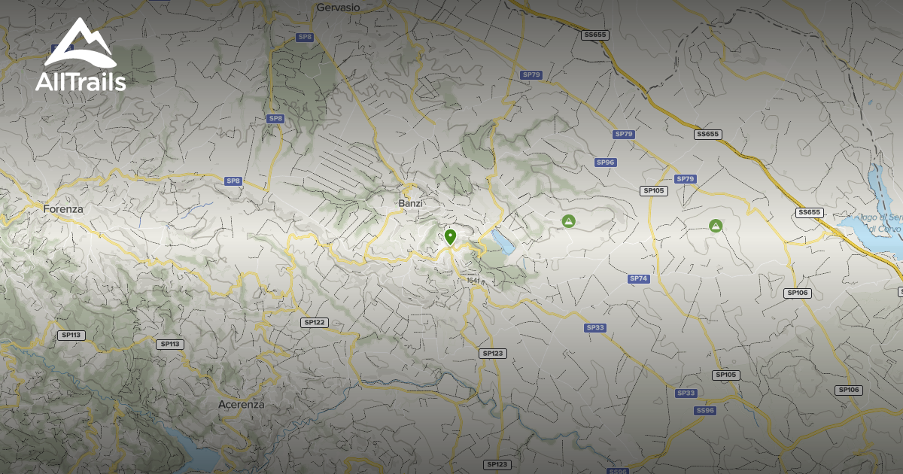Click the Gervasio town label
338,7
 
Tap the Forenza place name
63,209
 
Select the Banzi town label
411,203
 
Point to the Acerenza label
241,404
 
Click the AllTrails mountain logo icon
80,44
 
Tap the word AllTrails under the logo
81,82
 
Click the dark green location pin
450,237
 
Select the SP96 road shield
606,163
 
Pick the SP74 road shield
638,278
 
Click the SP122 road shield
314,322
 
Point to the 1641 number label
473,281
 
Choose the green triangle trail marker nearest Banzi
569,220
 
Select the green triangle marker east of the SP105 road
715,225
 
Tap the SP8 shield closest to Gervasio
304,37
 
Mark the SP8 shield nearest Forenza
233,181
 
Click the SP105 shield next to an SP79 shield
653,190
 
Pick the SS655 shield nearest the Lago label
809,212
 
